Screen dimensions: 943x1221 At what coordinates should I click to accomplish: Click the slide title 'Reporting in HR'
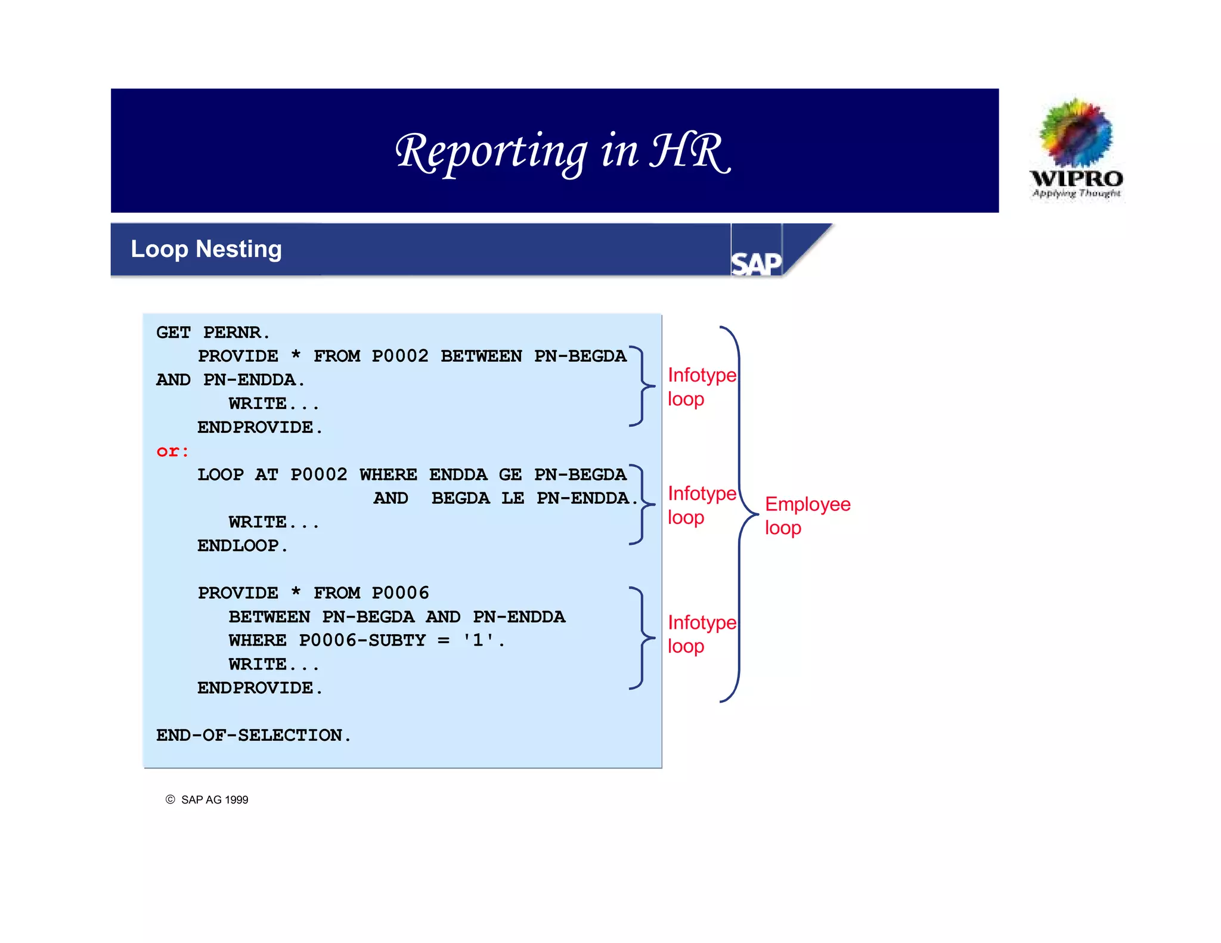coord(562,151)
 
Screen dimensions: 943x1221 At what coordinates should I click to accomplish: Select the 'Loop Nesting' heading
coord(206,249)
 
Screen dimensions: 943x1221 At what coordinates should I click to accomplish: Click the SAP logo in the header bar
coord(756,263)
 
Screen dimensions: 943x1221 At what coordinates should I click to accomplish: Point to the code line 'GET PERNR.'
coord(213,333)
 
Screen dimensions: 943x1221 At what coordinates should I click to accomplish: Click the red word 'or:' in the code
coord(172,451)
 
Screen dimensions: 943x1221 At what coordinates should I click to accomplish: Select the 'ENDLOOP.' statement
coord(243,546)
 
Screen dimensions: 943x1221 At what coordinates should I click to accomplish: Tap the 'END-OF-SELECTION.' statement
coord(253,736)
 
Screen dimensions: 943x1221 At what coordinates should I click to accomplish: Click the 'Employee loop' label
coord(807,516)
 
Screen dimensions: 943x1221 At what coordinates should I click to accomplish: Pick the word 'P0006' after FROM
coord(400,593)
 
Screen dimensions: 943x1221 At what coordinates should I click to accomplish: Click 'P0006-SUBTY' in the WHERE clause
coord(362,640)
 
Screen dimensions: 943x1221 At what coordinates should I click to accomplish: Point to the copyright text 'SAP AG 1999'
coord(214,800)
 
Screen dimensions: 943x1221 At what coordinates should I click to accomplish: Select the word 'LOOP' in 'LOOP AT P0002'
coord(221,475)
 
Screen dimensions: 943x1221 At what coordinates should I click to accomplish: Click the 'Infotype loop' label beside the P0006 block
coord(701,634)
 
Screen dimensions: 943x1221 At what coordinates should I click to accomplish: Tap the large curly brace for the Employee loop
coord(740,514)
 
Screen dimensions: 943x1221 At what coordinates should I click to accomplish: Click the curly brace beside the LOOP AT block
coord(642,505)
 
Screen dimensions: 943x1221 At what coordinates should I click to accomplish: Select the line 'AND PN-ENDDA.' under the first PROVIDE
coord(230,380)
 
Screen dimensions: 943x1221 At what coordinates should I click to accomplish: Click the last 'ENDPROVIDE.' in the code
coord(260,688)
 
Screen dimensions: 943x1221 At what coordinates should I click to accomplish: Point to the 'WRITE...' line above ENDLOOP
coord(274,523)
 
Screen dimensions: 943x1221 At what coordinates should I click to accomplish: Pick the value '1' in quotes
coord(478,640)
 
